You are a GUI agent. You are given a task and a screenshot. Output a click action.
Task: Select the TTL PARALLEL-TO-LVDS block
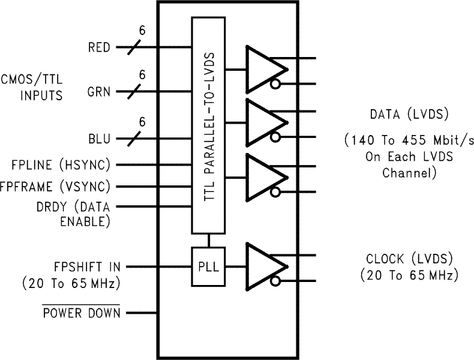point(208,125)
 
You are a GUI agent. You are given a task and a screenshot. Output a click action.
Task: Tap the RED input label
point(99,47)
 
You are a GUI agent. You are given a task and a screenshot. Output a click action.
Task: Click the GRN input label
point(99,92)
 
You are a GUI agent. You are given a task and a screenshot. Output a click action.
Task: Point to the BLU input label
point(99,139)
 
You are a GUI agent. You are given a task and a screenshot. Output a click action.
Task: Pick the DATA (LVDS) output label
point(410,115)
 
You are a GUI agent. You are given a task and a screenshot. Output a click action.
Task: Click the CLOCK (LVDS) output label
point(410,259)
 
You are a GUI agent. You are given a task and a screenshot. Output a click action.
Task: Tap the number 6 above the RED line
point(142,30)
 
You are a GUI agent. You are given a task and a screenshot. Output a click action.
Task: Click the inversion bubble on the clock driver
point(275,281)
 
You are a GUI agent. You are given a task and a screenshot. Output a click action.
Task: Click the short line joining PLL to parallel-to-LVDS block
point(208,241)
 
